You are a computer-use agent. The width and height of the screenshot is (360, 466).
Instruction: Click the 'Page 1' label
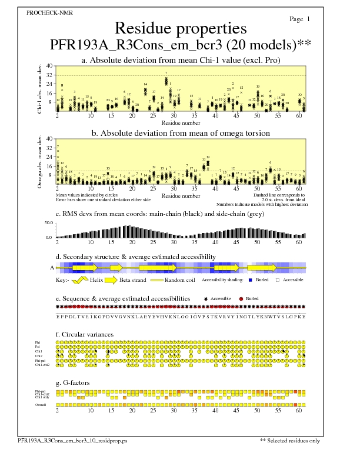tap(300, 19)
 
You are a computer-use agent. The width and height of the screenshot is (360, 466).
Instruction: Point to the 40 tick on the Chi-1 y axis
tap(49, 66)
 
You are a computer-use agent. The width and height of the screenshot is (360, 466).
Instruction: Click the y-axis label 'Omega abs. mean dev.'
tap(41, 162)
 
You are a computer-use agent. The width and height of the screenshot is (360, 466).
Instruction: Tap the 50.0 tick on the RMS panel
tap(49, 223)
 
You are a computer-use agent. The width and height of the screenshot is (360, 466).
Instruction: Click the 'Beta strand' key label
tap(133, 281)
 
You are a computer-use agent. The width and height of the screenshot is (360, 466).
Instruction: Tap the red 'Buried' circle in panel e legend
tap(241, 299)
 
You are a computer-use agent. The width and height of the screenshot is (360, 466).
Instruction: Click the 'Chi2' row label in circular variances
tap(38, 356)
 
